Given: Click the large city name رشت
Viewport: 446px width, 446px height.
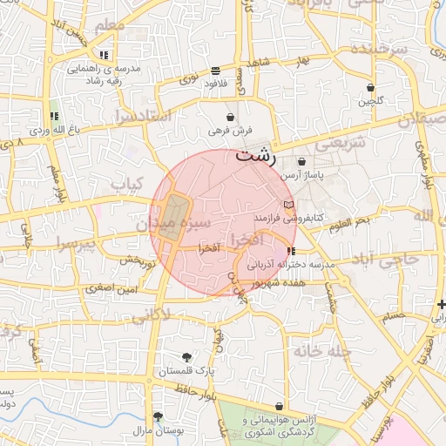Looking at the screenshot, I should point(255,157).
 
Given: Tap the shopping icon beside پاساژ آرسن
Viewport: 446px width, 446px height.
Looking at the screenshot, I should point(302,161).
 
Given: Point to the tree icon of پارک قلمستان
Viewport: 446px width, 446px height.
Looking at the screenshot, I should point(186,356).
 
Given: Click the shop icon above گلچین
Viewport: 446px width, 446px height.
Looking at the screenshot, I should point(371,88).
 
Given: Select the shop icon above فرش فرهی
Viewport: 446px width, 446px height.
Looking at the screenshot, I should point(230,117).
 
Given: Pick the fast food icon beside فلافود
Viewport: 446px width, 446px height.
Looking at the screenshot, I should point(215,71).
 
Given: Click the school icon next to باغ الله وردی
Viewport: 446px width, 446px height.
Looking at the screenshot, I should point(54,116).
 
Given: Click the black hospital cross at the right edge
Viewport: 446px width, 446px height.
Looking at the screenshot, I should point(442,305).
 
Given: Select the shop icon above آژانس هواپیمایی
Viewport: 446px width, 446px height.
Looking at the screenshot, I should point(279,407).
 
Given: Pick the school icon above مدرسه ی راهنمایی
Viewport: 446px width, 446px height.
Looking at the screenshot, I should point(105,55).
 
